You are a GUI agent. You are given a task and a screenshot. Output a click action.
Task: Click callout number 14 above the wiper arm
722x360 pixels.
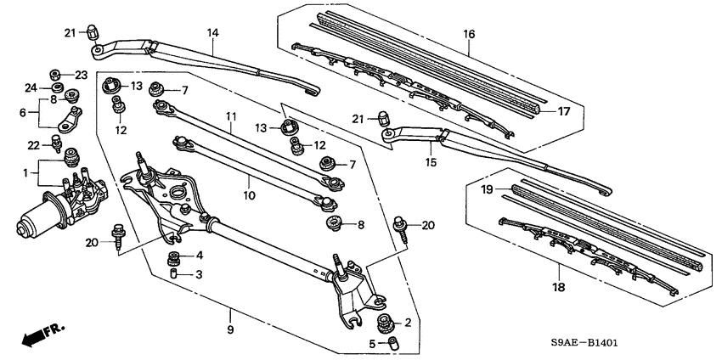(213, 33)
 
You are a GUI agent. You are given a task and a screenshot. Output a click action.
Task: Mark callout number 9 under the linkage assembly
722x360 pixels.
(229, 329)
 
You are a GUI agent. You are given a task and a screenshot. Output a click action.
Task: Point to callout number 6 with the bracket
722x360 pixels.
(24, 111)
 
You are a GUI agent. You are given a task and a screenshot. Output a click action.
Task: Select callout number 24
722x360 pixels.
(31, 87)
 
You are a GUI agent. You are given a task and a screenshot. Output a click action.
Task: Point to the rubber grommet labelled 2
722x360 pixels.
(384, 323)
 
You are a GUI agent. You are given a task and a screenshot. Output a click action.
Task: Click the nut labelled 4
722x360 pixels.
(174, 256)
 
